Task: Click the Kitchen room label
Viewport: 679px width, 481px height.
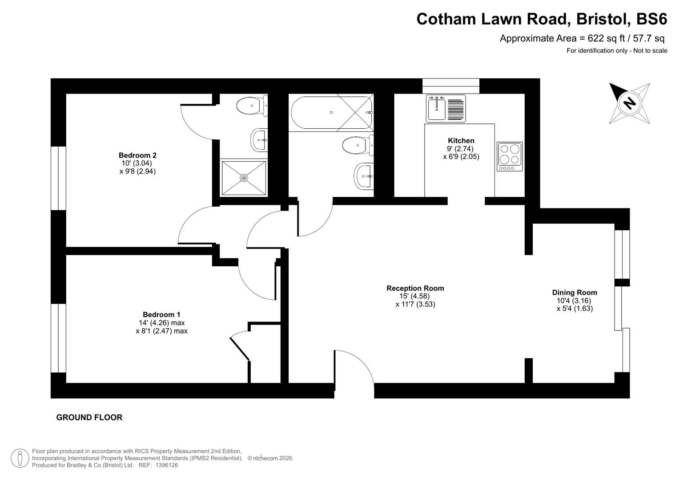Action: point(461,141)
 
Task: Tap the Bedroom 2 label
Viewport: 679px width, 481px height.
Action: point(137,155)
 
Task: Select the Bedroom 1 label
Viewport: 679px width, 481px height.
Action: point(161,315)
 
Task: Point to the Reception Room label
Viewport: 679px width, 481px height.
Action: point(415,289)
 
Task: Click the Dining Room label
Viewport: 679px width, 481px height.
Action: point(575,293)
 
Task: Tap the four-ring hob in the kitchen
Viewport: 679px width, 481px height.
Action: point(510,156)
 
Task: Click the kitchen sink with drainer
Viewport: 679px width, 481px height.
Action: point(446,108)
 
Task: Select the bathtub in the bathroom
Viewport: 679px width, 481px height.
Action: point(331,113)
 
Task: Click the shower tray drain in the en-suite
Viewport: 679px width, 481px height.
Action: point(244,178)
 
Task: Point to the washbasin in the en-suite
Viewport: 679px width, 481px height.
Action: point(259,140)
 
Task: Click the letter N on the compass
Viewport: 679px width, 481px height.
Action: point(629,103)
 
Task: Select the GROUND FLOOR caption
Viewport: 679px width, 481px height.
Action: point(89,418)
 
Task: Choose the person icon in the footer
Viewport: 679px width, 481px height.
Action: point(20,458)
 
